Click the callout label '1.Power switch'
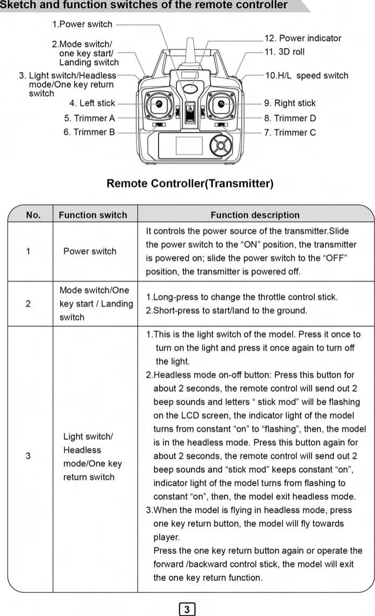pos(82,24)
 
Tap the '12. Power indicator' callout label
pos(302,38)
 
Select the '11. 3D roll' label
pos(284,52)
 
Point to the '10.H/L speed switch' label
pos(306,76)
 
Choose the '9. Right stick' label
pos(290,103)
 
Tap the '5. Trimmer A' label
pos(89,118)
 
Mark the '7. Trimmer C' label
pos(290,132)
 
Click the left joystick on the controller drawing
pos(160,104)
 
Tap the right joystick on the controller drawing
pos(221,104)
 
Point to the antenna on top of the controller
pos(189,51)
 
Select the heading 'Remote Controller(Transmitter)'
pos(190,184)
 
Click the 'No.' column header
pos(33,215)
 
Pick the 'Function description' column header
pos(255,215)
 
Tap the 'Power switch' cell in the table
pos(90,251)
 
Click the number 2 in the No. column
pos(28,304)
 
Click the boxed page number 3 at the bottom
pos(187,610)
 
